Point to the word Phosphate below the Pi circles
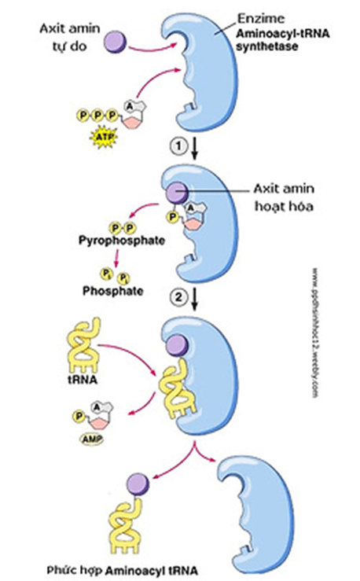(113, 290)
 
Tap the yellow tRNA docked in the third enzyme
(179, 385)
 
